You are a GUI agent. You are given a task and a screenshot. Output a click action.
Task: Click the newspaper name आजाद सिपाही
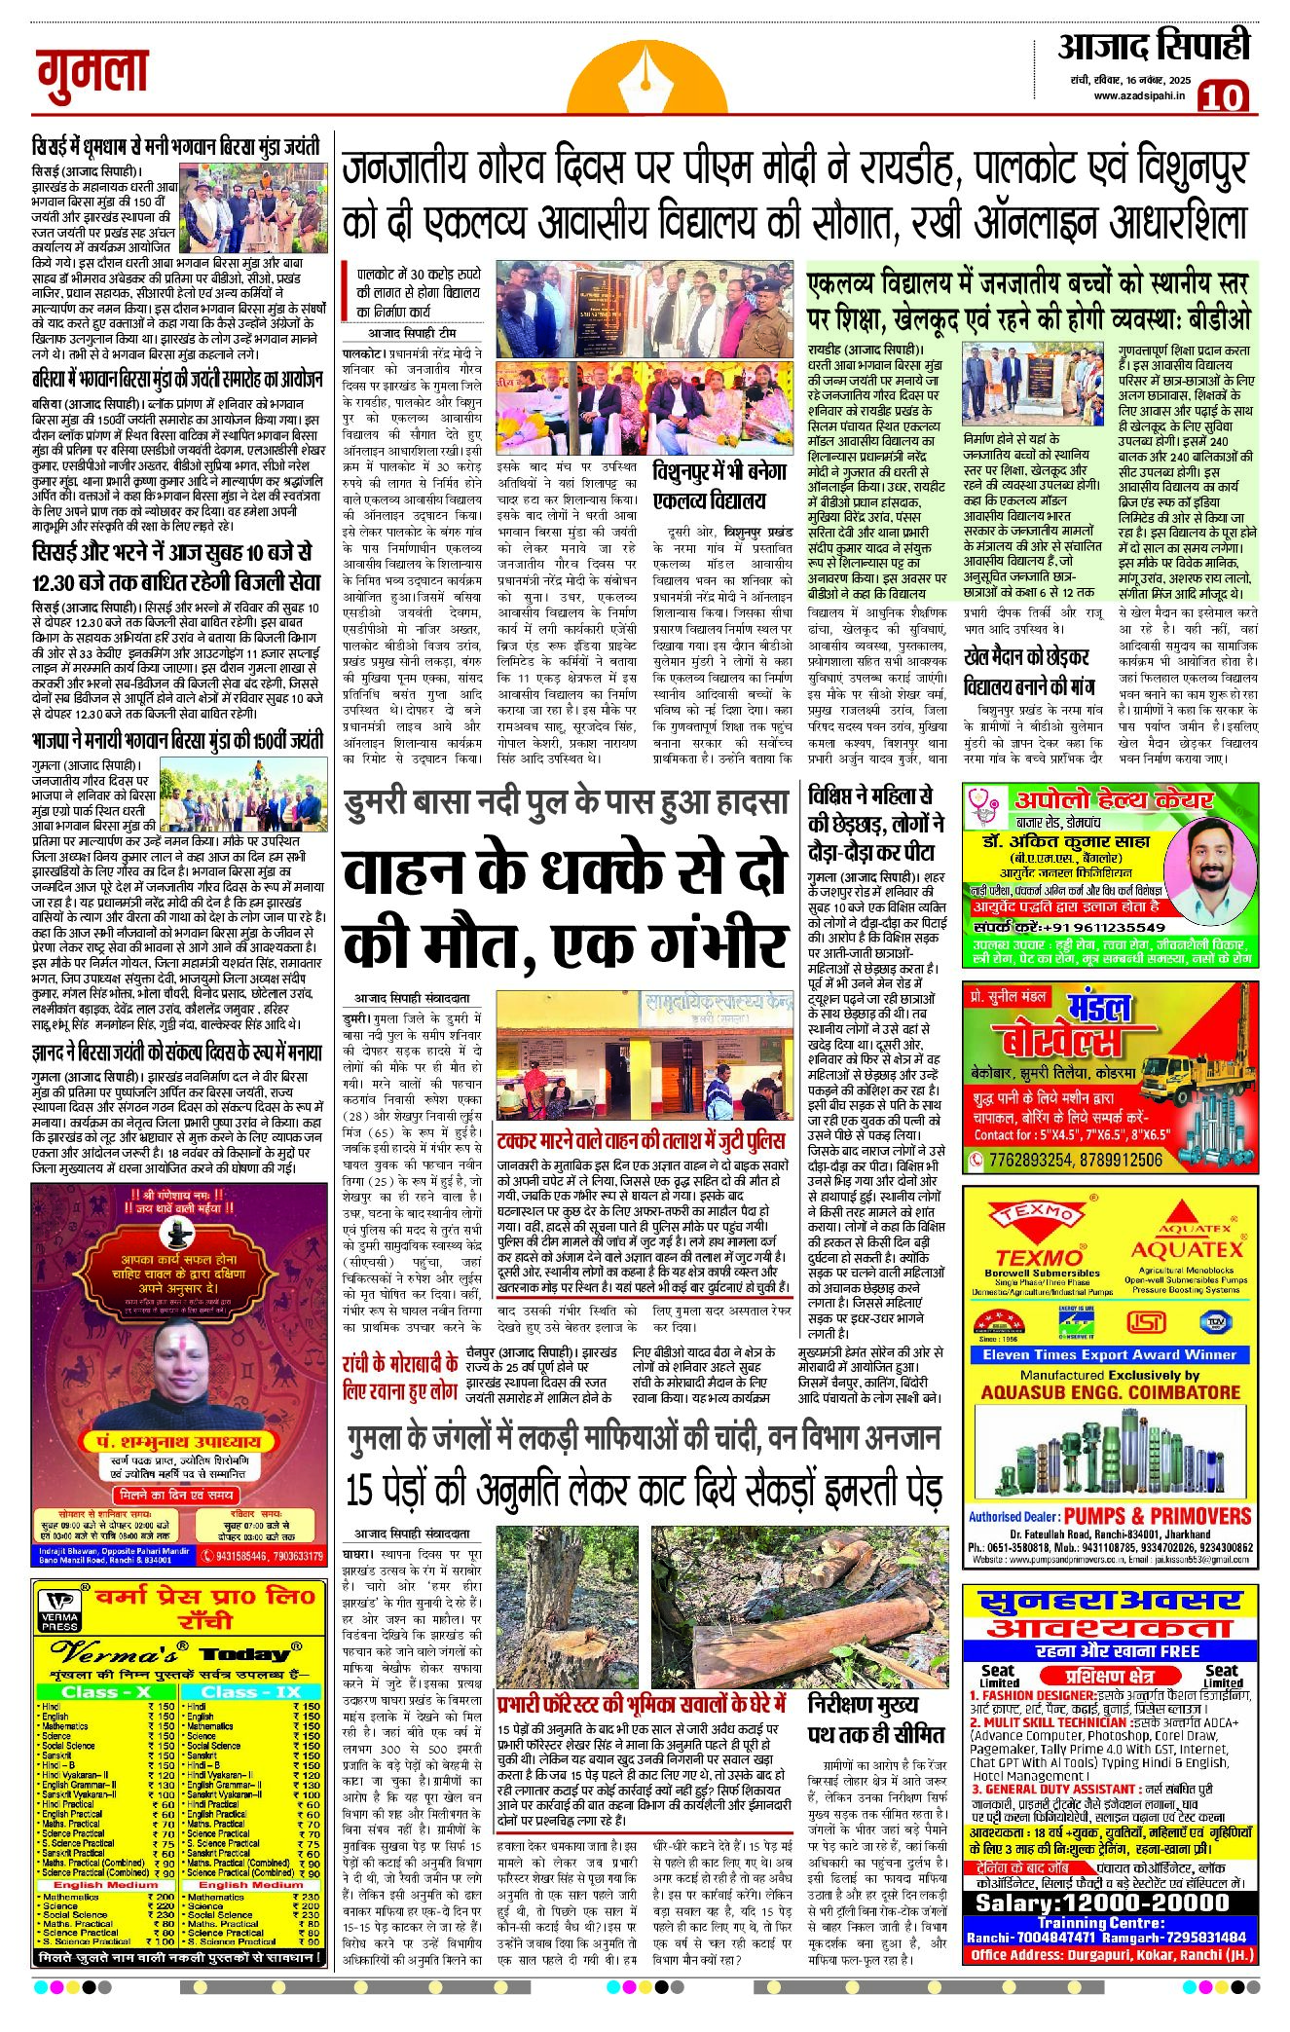(x=1153, y=47)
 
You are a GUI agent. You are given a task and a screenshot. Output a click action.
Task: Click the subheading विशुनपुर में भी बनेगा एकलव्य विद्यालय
(x=719, y=487)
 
